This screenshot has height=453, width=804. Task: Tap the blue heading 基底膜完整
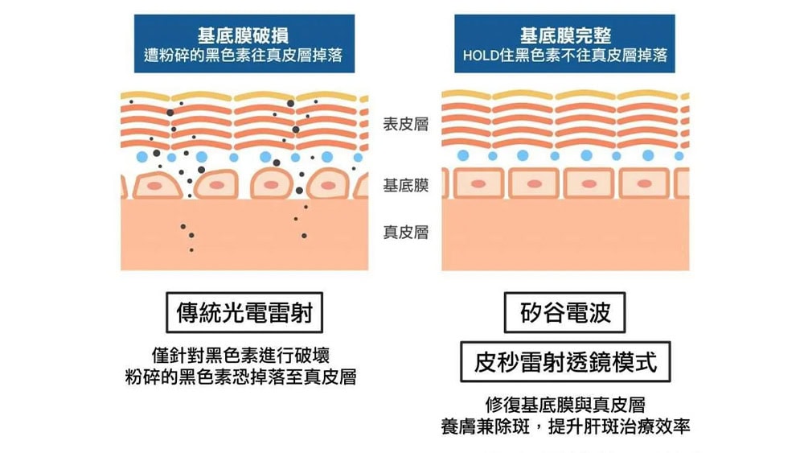pyautogui.click(x=564, y=35)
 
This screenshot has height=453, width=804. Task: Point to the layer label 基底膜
pyautogui.click(x=405, y=186)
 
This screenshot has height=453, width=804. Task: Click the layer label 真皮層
pyautogui.click(x=405, y=233)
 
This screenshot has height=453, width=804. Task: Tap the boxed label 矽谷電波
pyautogui.click(x=565, y=313)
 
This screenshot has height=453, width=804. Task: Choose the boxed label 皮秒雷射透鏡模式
pyautogui.click(x=565, y=362)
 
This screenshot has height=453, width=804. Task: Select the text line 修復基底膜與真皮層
pyautogui.click(x=565, y=405)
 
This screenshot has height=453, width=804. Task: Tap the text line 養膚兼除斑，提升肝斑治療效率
pyautogui.click(x=565, y=426)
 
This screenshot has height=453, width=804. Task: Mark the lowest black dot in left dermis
pyautogui.click(x=191, y=250)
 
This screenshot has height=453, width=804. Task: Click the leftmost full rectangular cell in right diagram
pyautogui.click(x=478, y=183)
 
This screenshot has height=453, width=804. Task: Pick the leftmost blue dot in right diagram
pyautogui.click(x=462, y=155)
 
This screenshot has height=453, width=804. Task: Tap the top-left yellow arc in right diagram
pyautogui.click(x=466, y=94)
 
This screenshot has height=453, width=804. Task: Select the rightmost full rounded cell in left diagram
pyautogui.click(x=327, y=185)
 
